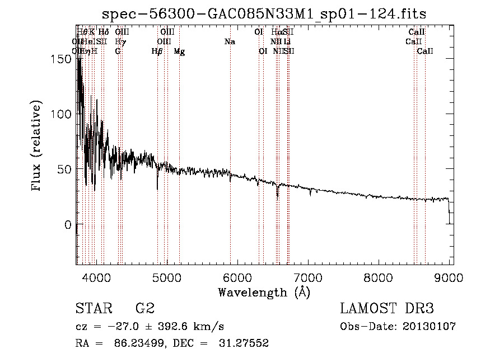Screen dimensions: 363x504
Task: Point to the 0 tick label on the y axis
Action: [68, 225]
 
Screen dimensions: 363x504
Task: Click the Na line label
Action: [230, 42]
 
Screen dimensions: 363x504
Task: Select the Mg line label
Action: [179, 51]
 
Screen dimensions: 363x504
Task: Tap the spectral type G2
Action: [145, 308]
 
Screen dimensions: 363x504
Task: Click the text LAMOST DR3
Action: [386, 308]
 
